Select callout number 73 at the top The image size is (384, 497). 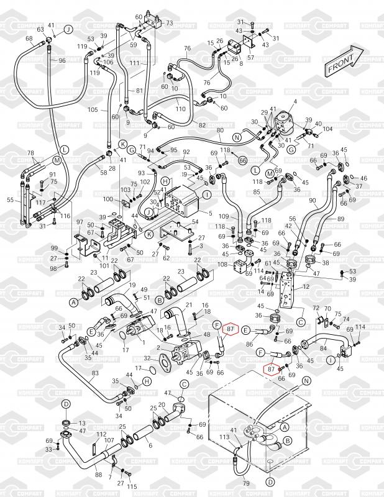point(168,22)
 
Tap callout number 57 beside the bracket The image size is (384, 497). point(251,57)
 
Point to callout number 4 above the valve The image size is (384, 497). point(295,101)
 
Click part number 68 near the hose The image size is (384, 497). point(29,39)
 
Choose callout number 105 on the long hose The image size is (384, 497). point(93,110)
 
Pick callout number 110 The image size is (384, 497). point(180,109)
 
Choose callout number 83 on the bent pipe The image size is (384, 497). point(95,373)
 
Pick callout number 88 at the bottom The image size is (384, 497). point(98,475)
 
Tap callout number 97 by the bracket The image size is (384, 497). point(79,222)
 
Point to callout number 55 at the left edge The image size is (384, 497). point(9,200)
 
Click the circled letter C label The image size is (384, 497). point(300,322)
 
